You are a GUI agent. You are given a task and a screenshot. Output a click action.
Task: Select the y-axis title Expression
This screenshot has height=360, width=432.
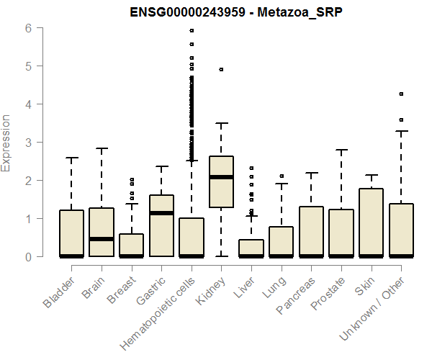tap(6, 143)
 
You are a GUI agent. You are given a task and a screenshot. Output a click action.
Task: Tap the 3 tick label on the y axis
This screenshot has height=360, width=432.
tap(28, 143)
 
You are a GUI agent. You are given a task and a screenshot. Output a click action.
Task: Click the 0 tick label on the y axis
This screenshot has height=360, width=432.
tap(28, 256)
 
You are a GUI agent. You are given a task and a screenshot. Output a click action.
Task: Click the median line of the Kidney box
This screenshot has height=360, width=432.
tap(221, 177)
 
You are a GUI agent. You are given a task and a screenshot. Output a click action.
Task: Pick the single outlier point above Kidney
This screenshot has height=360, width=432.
tap(221, 70)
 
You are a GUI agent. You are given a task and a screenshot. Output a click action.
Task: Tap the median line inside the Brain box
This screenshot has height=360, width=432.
tap(102, 238)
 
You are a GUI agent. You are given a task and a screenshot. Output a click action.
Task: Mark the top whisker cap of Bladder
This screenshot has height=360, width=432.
tap(71, 158)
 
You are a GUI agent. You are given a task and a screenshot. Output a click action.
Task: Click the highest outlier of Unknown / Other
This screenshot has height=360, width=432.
tap(401, 94)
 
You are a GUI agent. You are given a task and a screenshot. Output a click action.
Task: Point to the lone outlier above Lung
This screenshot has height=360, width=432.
tap(282, 176)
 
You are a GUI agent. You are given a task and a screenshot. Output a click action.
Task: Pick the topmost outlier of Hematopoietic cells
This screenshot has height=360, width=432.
tap(192, 31)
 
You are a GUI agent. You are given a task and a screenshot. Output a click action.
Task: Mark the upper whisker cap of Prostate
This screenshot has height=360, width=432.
tap(341, 150)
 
